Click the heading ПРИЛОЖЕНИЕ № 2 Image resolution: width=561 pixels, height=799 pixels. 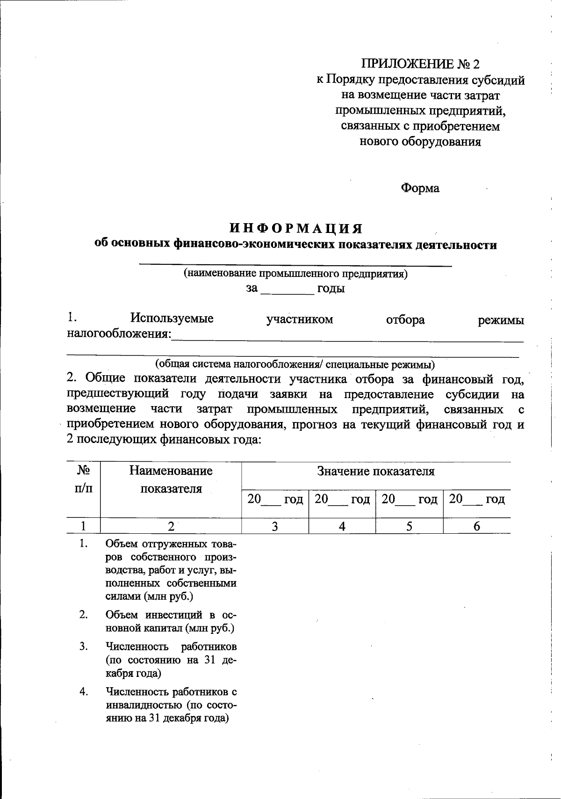point(420,64)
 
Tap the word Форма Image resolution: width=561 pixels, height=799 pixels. point(420,188)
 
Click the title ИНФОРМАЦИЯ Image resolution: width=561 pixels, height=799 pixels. point(296,228)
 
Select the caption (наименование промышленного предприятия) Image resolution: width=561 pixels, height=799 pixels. point(295,274)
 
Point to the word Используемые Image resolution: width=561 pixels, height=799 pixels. point(172,319)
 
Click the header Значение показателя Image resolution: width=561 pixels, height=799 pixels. point(376,471)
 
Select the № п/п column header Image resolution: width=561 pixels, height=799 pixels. point(84,479)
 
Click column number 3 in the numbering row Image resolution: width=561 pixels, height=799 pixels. point(275,526)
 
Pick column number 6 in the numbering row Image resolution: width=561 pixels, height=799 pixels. point(476,526)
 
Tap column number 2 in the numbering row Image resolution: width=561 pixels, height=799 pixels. point(171,526)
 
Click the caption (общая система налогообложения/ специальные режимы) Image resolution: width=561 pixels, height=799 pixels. point(295,364)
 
